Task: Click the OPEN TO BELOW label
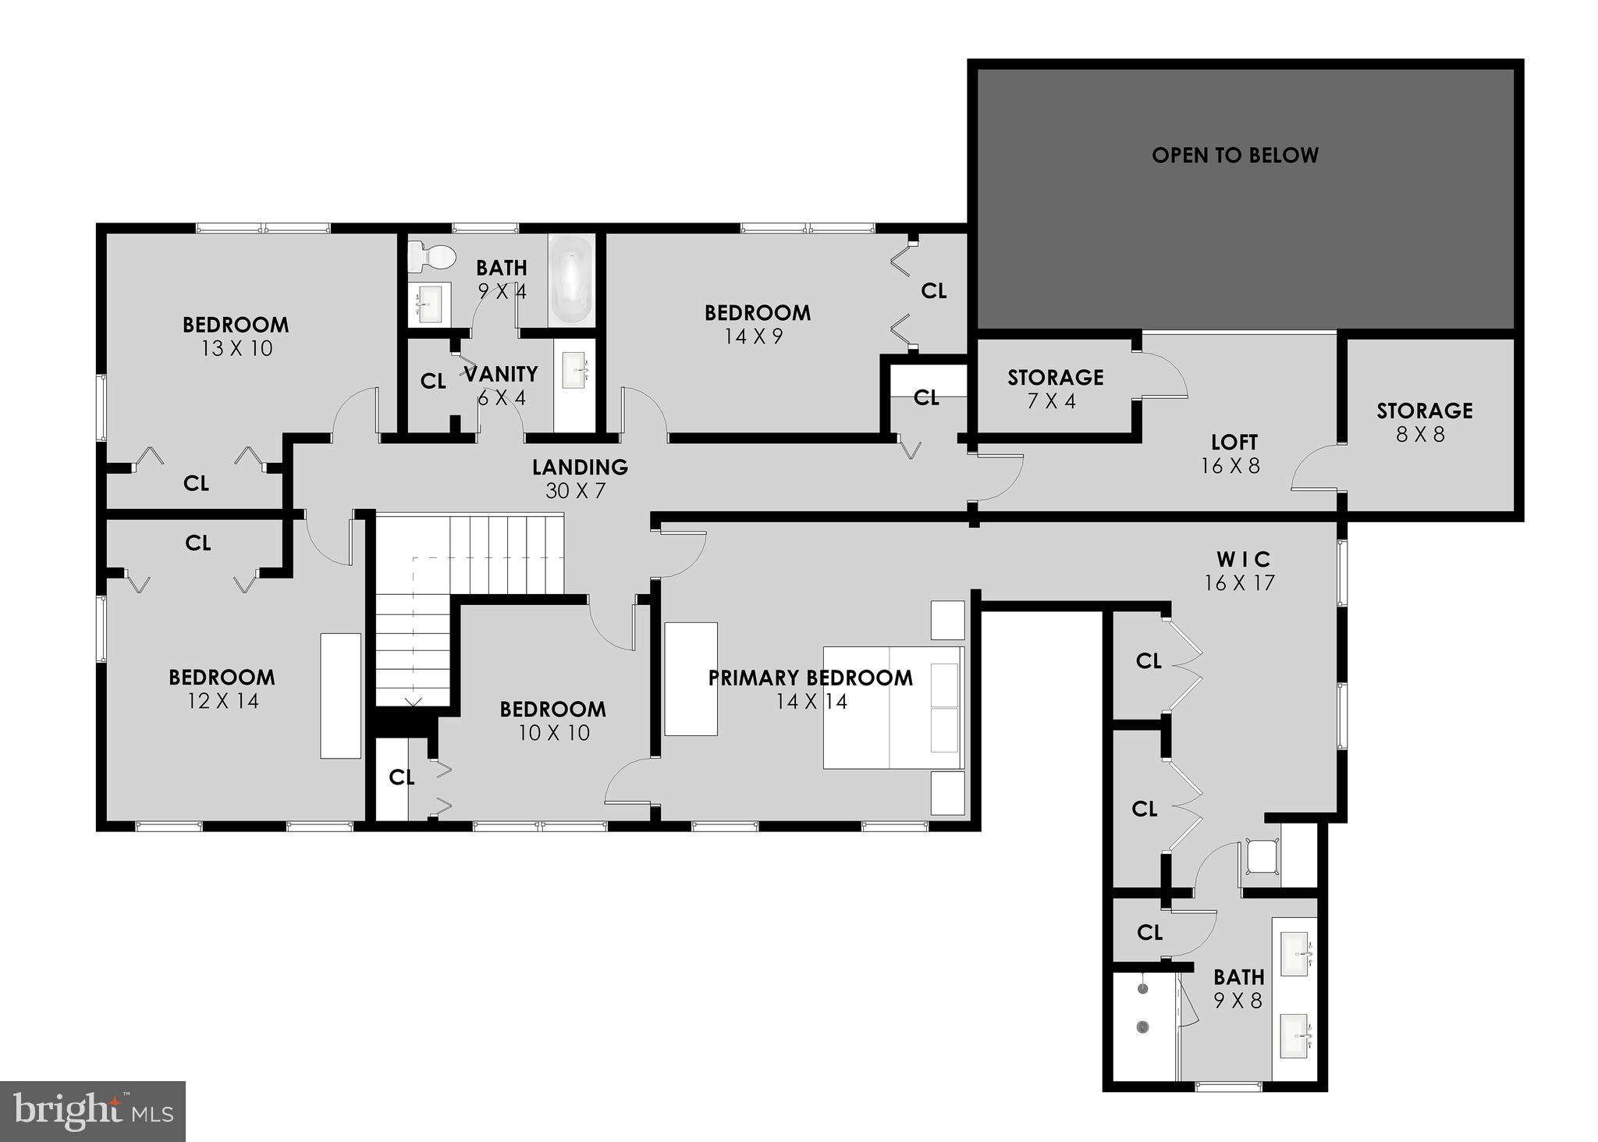(x=1234, y=155)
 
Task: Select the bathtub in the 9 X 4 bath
(x=571, y=281)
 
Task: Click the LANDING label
(x=580, y=467)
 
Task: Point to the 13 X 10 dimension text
(x=236, y=349)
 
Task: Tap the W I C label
(x=1243, y=560)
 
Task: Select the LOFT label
(x=1234, y=443)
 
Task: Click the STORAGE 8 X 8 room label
(x=1424, y=411)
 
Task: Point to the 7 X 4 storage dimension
(x=1054, y=401)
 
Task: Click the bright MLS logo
(x=93, y=1111)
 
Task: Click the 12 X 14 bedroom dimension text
(x=222, y=701)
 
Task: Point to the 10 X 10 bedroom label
(x=552, y=709)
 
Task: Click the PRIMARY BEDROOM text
(x=810, y=678)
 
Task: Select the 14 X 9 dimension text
(x=753, y=336)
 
